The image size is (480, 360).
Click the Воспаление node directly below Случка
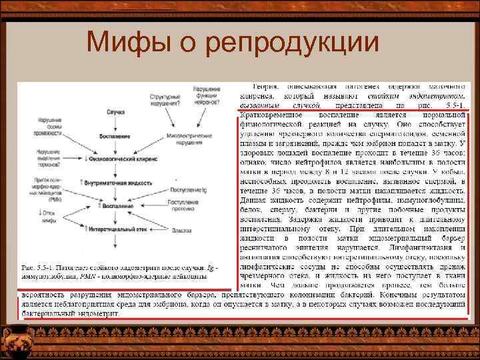tap(115, 137)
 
